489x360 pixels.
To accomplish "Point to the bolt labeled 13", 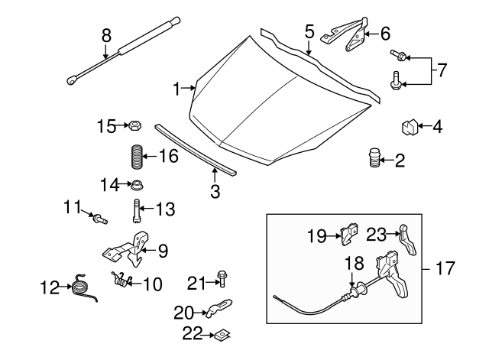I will point(136,208).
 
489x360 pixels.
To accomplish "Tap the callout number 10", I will point(152,284).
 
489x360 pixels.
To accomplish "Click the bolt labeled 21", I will point(222,277).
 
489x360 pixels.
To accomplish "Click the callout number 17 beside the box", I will point(445,269).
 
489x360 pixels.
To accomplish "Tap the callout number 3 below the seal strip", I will point(215,191).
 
